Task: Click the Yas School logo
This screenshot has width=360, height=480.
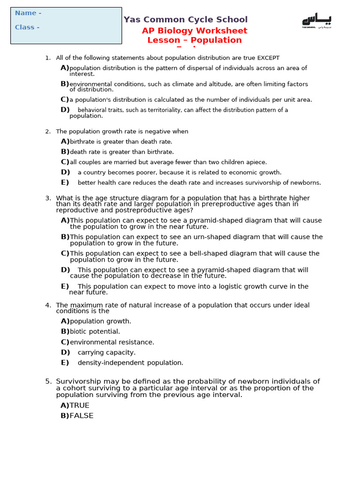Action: (x=316, y=21)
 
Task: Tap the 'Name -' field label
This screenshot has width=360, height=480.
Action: (x=28, y=13)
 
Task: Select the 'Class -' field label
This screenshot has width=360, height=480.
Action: (x=27, y=27)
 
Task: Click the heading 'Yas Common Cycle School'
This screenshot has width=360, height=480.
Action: (x=186, y=20)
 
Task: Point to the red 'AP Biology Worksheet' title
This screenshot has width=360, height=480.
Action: (x=195, y=31)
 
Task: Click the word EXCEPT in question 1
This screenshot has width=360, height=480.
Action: (x=268, y=58)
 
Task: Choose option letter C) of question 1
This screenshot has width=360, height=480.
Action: (x=65, y=99)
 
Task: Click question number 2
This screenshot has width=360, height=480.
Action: (x=48, y=132)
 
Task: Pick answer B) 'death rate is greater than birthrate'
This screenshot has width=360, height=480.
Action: (x=121, y=152)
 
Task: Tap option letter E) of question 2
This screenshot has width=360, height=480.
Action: (x=65, y=182)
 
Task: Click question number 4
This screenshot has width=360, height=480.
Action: (x=48, y=305)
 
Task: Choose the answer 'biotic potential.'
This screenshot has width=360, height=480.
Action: (x=95, y=332)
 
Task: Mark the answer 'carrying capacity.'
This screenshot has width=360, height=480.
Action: (x=106, y=352)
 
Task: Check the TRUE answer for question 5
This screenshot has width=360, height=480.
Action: (x=79, y=405)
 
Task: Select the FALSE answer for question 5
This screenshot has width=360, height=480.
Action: (x=81, y=416)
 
